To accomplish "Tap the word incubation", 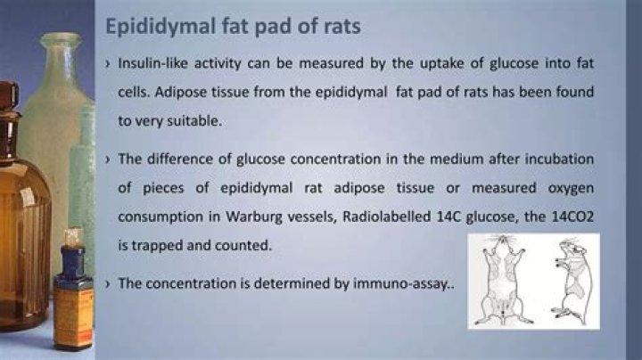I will tap(555, 159).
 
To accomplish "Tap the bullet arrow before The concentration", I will tap(107, 283).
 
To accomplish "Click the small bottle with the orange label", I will tap(73, 303).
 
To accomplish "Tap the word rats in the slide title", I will tap(338, 26).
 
